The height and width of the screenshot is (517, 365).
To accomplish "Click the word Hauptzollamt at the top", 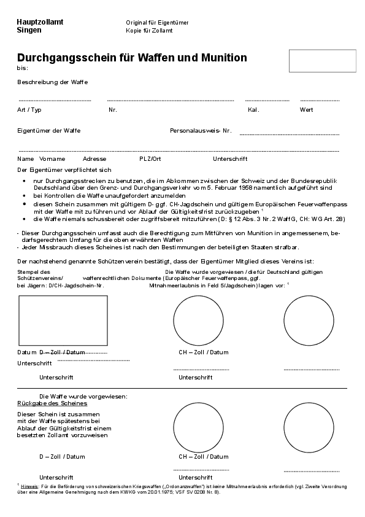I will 40,21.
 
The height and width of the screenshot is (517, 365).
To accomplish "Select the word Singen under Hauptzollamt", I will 29,29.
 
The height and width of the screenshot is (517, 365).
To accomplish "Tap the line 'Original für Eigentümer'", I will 157,23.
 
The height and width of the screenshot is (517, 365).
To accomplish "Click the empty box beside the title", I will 322,61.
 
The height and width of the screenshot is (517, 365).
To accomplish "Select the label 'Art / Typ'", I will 29,110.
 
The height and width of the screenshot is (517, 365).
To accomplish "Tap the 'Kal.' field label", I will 253,110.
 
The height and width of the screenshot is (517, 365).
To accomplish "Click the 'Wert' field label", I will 306,110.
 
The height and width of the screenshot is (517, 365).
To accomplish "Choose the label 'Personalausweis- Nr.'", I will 201,131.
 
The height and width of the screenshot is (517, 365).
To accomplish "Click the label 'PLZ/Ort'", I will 150,159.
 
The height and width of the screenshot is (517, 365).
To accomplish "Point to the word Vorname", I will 52,159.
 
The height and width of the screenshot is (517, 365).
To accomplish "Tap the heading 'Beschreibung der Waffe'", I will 52,82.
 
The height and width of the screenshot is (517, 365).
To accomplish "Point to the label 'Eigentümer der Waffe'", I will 48,131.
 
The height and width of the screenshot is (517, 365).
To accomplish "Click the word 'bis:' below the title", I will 23,68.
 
